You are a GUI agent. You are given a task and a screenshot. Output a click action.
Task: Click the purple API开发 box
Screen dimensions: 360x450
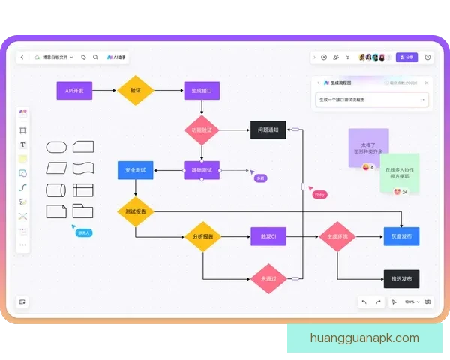point(74,91)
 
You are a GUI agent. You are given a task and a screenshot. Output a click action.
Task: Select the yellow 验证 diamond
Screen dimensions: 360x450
point(136,90)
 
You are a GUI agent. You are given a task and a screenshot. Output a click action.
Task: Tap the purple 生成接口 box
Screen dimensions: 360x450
point(202,91)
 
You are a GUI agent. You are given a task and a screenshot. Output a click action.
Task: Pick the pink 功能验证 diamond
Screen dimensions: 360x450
point(202,130)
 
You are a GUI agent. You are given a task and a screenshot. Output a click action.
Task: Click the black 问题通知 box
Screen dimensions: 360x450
point(268,130)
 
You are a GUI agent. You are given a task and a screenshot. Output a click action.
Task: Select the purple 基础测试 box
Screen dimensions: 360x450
point(202,170)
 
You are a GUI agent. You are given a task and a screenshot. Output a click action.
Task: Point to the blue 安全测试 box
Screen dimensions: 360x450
point(136,170)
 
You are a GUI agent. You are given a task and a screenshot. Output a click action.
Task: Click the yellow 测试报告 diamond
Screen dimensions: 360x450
point(136,211)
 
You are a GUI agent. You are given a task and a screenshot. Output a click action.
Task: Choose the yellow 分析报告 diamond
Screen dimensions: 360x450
point(202,237)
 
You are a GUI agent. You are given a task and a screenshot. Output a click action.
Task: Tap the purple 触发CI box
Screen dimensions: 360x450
point(268,237)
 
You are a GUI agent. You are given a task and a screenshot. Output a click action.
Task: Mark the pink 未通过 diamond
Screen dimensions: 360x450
point(268,278)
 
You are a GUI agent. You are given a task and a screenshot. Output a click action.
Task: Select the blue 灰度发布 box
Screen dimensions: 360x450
point(401,237)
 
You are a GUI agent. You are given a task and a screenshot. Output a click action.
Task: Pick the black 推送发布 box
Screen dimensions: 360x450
point(401,278)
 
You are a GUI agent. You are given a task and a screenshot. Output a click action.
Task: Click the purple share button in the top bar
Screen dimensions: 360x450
point(406,57)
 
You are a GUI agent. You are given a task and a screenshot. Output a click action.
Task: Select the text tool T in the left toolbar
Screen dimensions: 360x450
point(22,145)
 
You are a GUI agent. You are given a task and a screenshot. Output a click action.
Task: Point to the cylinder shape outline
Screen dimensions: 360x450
point(57,190)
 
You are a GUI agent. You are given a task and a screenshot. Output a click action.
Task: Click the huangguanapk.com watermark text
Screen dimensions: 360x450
point(364,338)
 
